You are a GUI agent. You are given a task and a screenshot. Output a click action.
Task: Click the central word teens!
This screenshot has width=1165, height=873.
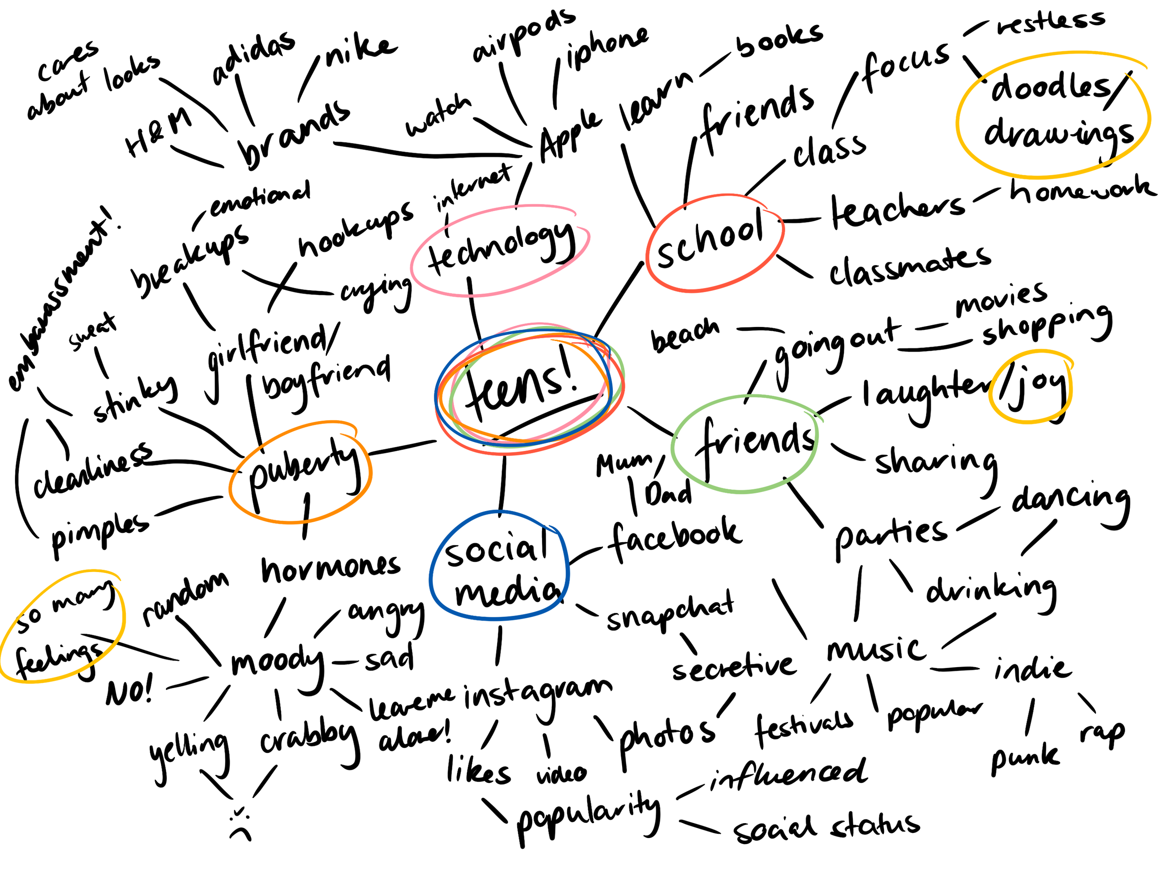click(521, 387)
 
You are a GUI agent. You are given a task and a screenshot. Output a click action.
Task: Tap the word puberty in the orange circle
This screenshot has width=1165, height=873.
click(303, 469)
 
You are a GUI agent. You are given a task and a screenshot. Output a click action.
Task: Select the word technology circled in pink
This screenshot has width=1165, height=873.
click(500, 247)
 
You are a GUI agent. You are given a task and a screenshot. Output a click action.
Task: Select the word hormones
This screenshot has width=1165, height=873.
click(331, 569)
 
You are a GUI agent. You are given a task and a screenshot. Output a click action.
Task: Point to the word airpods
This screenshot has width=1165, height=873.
click(524, 34)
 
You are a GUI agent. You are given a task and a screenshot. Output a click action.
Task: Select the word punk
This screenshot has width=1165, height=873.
click(1024, 758)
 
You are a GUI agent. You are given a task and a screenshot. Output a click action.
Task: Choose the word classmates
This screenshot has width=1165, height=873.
click(909, 266)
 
